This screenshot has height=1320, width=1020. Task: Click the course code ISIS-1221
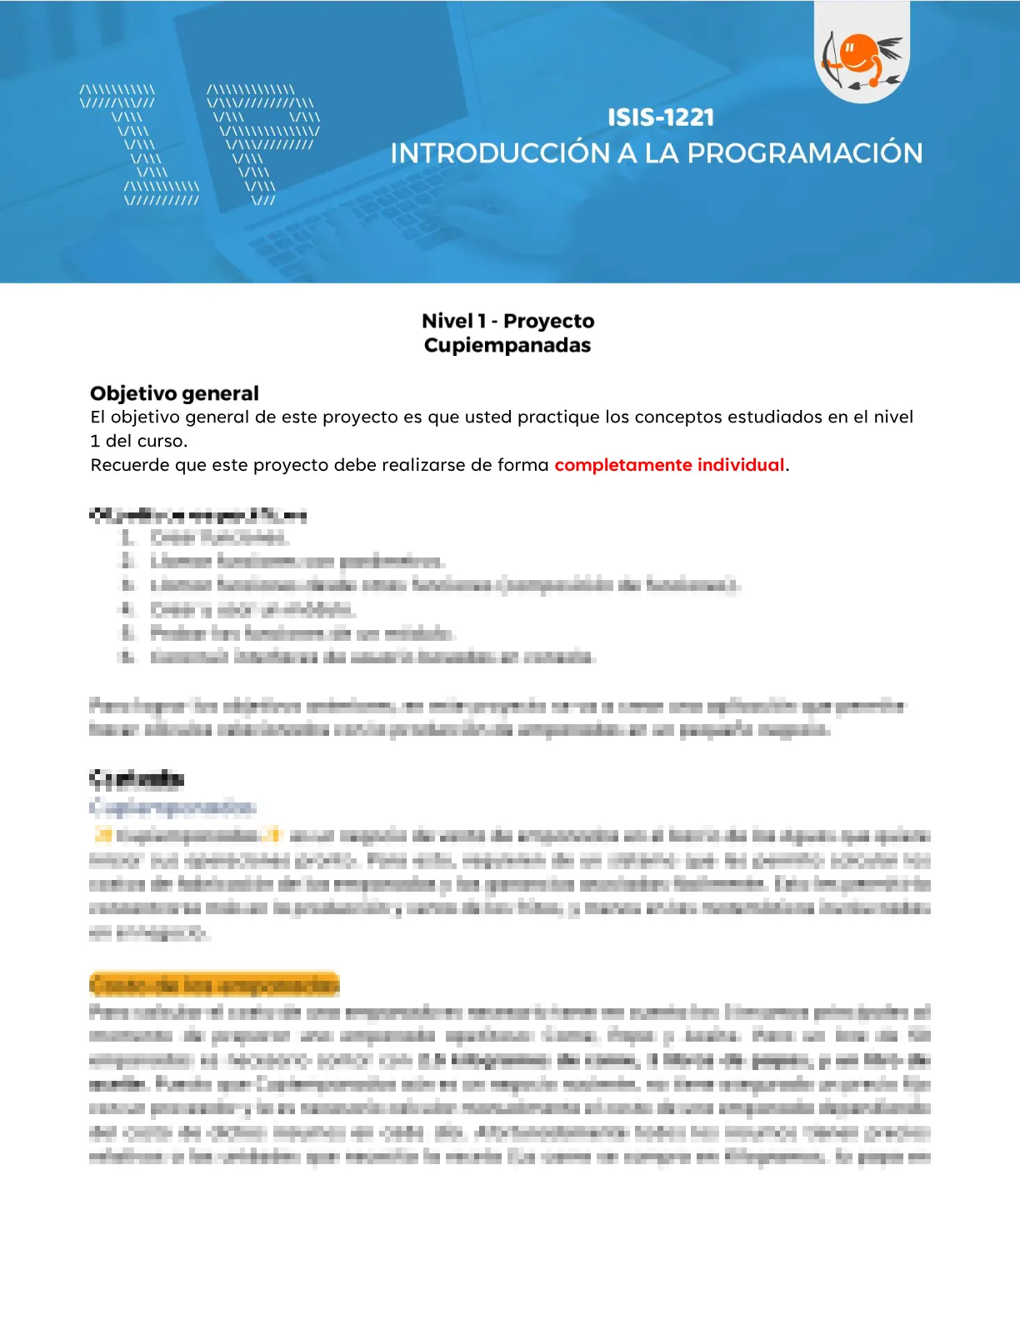[x=660, y=117]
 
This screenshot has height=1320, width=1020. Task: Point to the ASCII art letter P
[x=262, y=142]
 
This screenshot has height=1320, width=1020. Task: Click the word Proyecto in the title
[x=548, y=321]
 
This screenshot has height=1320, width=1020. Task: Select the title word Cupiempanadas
[x=507, y=345]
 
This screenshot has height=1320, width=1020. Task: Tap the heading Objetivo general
[x=174, y=393]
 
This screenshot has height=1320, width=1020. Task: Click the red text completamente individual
[x=669, y=465]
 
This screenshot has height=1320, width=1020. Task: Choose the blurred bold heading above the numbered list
[x=197, y=515]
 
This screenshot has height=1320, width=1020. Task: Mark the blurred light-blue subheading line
[x=172, y=807]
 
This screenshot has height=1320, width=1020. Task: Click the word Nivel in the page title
[x=447, y=321]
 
